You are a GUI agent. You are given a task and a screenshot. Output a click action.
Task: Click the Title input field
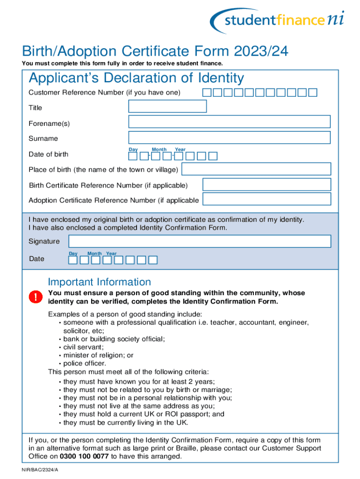pyautogui.click(x=167, y=106)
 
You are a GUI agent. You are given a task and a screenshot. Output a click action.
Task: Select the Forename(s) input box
pyautogui.click(x=229, y=122)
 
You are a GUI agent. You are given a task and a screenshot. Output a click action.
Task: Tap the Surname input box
pyautogui.click(x=229, y=138)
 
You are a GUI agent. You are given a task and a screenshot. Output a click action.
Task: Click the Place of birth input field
pyautogui.click(x=256, y=169)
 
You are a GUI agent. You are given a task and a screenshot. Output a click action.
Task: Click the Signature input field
pyautogui.click(x=200, y=241)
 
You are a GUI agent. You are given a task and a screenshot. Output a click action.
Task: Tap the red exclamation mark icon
pyautogui.click(x=35, y=297)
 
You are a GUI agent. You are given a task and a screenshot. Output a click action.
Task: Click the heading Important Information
pyautogui.click(x=100, y=282)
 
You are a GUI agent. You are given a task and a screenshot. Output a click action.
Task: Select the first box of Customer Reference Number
pyautogui.click(x=207, y=93)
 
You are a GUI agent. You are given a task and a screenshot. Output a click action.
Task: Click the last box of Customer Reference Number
pyautogui.click(x=313, y=93)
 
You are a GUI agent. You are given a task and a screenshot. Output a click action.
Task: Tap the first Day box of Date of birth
pyautogui.click(x=133, y=156)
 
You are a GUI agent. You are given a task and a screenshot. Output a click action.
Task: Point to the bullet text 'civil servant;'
pyautogui.click(x=84, y=347)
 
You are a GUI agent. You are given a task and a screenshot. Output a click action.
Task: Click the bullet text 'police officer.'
pyautogui.click(x=85, y=363)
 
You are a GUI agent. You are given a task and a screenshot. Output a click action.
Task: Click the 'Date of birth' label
pyautogui.click(x=48, y=154)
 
